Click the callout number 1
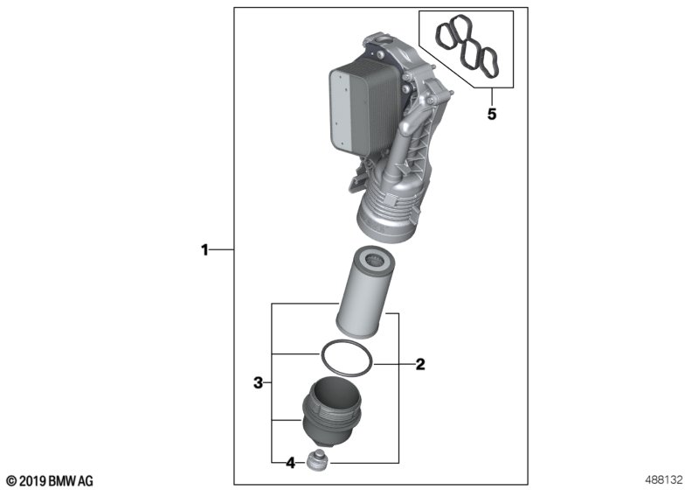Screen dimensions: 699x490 point(204,250)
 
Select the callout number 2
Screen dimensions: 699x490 point(420,365)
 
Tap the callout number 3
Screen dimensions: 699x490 point(258,383)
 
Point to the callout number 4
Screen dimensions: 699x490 point(291,463)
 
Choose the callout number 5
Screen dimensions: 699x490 point(492,115)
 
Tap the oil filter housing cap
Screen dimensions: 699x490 point(330,409)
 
